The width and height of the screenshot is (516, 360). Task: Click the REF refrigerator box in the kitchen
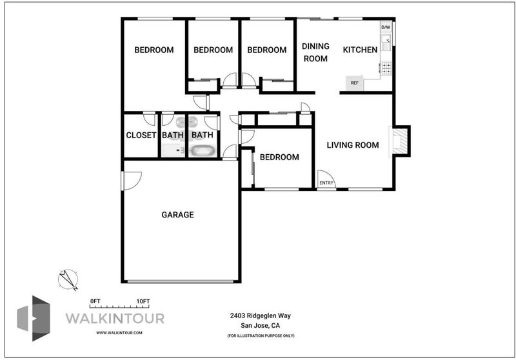point(354,83)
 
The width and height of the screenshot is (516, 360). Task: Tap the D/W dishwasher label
point(385,27)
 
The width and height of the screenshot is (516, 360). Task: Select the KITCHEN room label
point(360,50)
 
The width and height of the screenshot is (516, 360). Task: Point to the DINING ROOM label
point(315,52)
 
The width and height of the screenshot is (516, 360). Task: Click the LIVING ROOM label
point(353,145)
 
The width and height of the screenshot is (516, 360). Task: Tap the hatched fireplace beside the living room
point(400,141)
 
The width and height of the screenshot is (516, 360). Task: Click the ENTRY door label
point(326,183)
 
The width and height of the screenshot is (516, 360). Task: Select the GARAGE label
point(178,215)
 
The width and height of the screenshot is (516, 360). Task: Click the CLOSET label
point(141,135)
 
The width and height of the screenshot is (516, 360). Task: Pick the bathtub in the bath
point(203,151)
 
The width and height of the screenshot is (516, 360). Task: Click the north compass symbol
point(68,280)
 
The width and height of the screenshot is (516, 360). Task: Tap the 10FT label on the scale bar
point(143,301)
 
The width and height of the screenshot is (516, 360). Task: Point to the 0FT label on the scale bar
point(95,301)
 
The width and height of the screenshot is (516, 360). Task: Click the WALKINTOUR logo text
point(115,319)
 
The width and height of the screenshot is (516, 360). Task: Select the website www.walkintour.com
point(119,333)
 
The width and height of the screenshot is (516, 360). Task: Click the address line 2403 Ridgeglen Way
point(261,315)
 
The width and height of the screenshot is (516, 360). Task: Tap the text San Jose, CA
point(261,326)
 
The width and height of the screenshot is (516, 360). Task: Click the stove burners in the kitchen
point(386,68)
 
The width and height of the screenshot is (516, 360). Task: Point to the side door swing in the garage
point(132,181)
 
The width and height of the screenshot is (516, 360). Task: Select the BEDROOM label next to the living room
point(279,157)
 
